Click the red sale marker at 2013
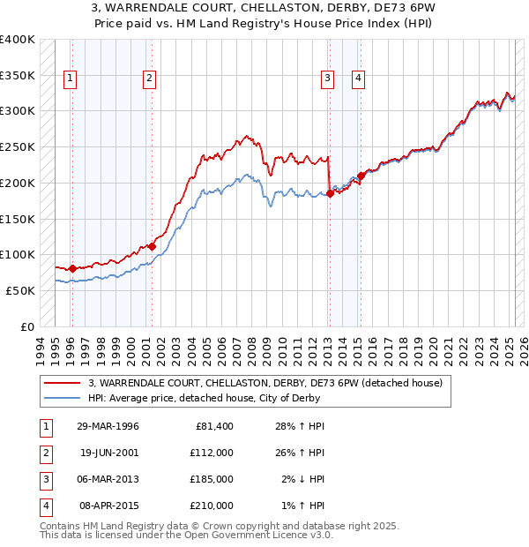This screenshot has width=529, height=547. pos(330,194)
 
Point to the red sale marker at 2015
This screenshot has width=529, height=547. pos(361,176)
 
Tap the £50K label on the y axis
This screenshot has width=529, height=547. pos(21,290)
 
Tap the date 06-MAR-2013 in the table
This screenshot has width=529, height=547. pos(109,480)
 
